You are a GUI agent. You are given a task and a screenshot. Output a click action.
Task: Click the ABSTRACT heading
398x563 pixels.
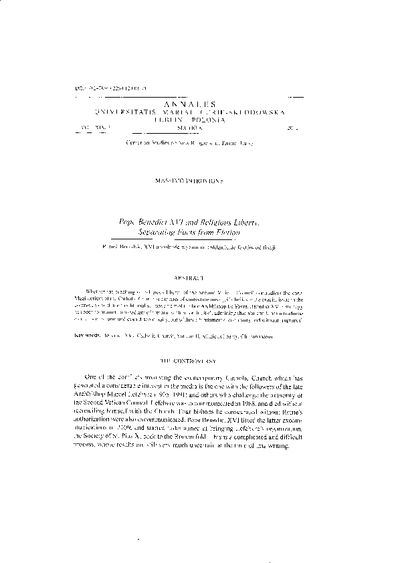pos(199,276)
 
